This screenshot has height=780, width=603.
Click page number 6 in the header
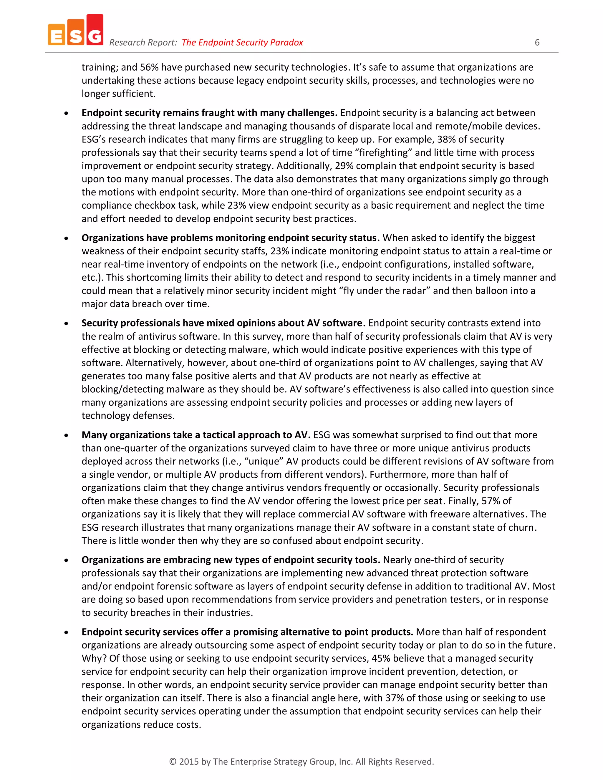coord(537,42)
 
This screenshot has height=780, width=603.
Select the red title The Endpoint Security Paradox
coord(242,42)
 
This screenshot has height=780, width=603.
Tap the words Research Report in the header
coord(143,42)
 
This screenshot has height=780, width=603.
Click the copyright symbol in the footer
coord(173,761)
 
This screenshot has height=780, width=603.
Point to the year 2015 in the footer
coord(189,761)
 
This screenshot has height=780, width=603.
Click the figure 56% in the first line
coord(149,67)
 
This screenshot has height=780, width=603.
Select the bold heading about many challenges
coord(209,113)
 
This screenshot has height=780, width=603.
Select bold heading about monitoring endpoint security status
coord(231,238)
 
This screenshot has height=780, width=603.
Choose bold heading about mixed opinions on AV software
coord(223,323)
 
